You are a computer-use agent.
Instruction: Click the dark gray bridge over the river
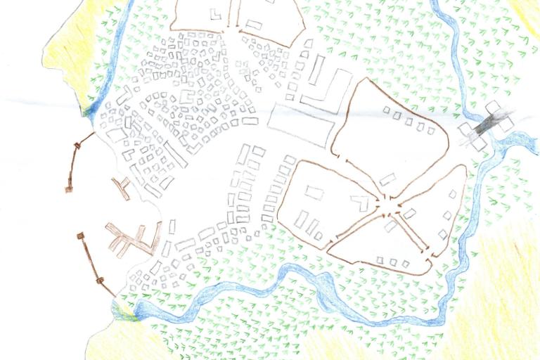pyautogui.click(x=486, y=126)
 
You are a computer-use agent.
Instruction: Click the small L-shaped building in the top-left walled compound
pyautogui.click(x=215, y=14)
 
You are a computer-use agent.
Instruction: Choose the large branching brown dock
pyautogui.click(x=134, y=239)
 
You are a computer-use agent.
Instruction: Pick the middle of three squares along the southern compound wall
pyautogui.click(x=394, y=262)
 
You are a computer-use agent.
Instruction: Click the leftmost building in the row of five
pyautogui.click(x=387, y=111)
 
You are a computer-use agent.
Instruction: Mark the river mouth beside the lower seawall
pyautogui.click(x=127, y=309)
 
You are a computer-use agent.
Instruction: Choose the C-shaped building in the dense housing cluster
pyautogui.click(x=187, y=96)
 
